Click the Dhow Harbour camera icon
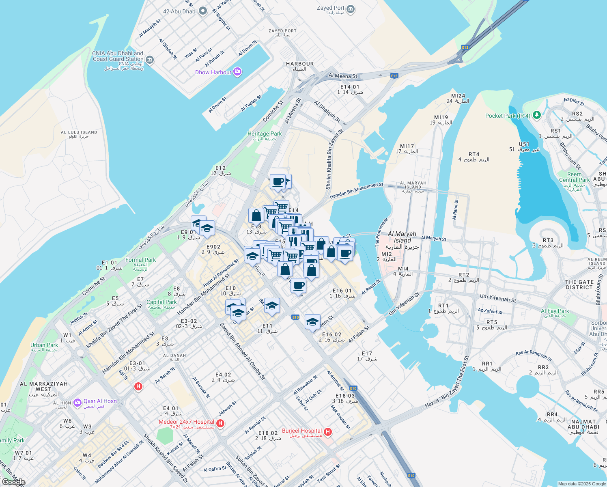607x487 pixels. [237, 72]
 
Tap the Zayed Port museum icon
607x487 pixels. [351, 9]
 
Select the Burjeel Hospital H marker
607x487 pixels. [328, 432]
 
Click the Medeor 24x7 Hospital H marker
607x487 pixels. [220, 423]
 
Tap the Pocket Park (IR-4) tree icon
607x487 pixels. [537, 116]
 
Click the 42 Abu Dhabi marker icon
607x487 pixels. [202, 11]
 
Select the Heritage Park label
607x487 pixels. [265, 134]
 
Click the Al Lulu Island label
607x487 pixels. [79, 132]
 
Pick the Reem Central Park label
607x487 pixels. [574, 177]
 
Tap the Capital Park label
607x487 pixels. [161, 302]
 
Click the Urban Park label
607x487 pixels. [44, 345]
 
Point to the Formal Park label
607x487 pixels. [140, 260]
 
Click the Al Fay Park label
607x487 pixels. [555, 311]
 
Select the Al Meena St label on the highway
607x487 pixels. [343, 76]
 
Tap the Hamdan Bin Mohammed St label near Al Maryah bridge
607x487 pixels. [356, 191]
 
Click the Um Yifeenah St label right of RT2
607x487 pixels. [498, 298]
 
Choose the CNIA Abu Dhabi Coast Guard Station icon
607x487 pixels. [150, 60]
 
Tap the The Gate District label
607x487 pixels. [579, 284]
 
